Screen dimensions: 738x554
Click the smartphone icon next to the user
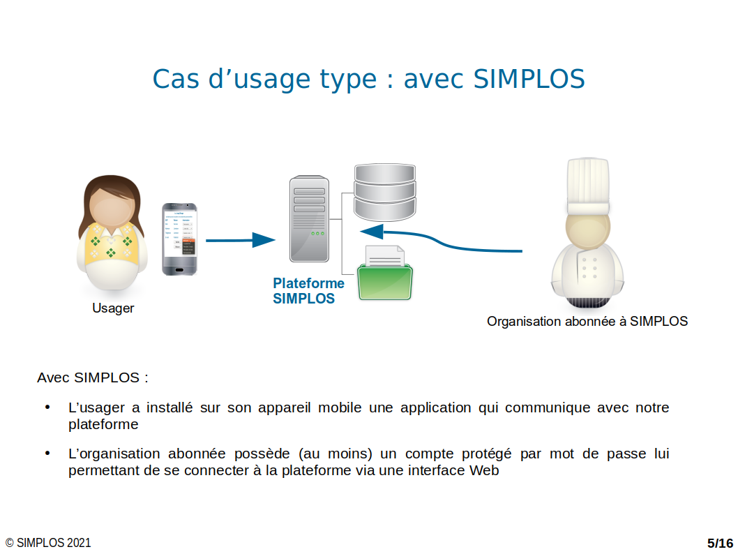coord(179,239)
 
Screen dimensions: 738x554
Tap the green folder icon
coord(385,281)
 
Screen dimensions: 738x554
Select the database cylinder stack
coord(385,192)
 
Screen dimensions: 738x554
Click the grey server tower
coord(309,219)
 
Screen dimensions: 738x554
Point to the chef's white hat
coord(588,186)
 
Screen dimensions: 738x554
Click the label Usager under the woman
coord(113,308)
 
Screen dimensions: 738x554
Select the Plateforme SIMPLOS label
coord(308,291)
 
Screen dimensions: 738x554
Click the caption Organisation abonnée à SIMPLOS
coord(587,322)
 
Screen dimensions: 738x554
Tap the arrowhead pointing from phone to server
coord(264,240)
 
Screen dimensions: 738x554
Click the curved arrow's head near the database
coord(372,232)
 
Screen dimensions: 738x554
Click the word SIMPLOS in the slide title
coord(529,79)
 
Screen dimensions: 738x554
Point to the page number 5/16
coord(720,543)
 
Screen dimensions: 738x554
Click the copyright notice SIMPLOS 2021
coord(48,543)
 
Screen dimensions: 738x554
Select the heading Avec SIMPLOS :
coord(93,377)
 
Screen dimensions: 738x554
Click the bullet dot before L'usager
coord(47,407)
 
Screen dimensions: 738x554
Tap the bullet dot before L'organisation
coord(47,454)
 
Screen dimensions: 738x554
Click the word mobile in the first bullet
coord(340,407)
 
